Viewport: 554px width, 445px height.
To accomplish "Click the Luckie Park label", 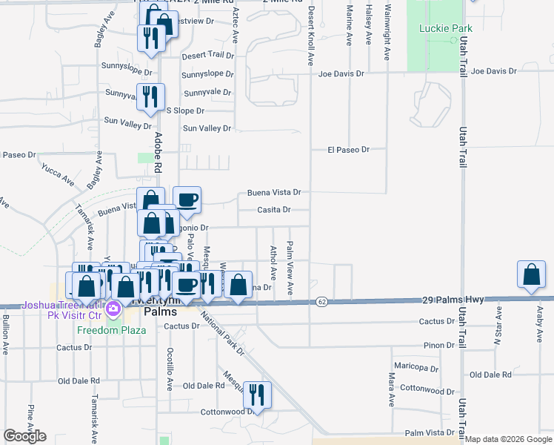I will [440, 28].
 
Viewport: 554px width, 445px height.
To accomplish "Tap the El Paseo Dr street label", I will [348, 150].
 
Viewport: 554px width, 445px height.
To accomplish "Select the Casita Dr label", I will [273, 210].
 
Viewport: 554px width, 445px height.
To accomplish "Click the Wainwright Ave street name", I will [387, 33].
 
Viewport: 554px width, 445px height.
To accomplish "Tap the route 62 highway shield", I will [321, 301].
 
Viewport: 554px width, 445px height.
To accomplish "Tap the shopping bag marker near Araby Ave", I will [532, 275].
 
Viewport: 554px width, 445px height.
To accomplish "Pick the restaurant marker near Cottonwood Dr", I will [256, 394].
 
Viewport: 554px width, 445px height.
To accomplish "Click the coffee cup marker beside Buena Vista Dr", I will [187, 200].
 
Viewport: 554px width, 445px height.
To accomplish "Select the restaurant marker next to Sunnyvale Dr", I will [150, 97].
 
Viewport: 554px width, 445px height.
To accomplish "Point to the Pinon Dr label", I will [438, 346].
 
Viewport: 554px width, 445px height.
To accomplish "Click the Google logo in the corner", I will [24, 435].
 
